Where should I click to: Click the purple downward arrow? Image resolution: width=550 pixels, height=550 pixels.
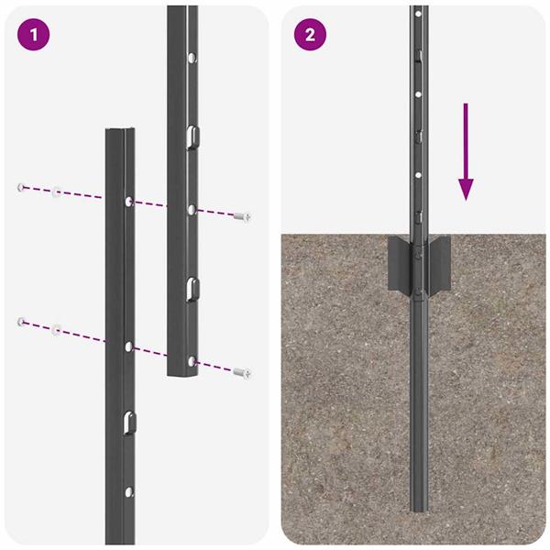click(x=467, y=152)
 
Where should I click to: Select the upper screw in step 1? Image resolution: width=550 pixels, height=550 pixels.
click(x=242, y=216)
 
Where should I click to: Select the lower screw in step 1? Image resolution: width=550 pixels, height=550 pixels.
click(x=242, y=372)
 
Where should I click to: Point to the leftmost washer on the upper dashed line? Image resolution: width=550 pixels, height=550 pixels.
click(x=19, y=188)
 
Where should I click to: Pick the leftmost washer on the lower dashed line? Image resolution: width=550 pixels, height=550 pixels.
click(x=19, y=321)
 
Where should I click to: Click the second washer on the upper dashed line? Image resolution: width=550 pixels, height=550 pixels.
click(x=57, y=192)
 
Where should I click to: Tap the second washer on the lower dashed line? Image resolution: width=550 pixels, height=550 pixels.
click(x=57, y=326)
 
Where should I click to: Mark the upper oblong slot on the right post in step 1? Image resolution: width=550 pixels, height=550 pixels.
click(x=192, y=137)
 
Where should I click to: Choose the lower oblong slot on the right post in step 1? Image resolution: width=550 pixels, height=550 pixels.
click(x=192, y=288)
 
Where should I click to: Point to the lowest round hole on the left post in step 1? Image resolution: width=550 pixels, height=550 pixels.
click(x=127, y=491)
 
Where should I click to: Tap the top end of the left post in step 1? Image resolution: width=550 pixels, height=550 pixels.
click(x=121, y=132)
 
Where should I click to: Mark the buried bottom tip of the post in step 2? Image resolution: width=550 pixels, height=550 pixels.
click(x=419, y=509)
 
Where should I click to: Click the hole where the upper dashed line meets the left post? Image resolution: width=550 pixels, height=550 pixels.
click(x=127, y=201)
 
